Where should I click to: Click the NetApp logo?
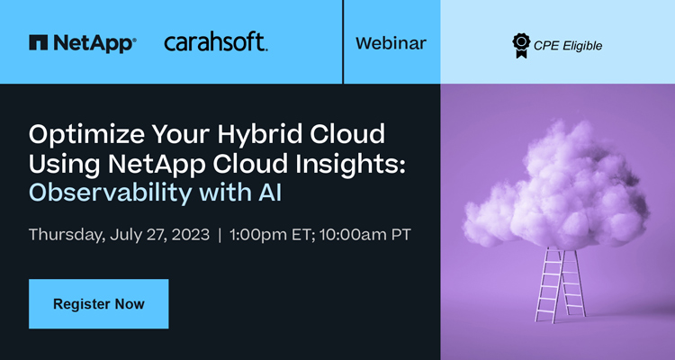click(83, 43)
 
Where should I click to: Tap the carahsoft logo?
click(216, 42)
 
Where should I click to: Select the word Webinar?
click(391, 43)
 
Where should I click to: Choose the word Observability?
click(110, 193)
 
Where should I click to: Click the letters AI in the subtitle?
click(270, 193)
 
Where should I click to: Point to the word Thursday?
click(67, 235)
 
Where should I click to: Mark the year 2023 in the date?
click(190, 235)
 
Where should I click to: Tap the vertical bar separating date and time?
click(220, 235)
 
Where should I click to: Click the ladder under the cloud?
click(561, 284)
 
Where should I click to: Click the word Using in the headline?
click(64, 164)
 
